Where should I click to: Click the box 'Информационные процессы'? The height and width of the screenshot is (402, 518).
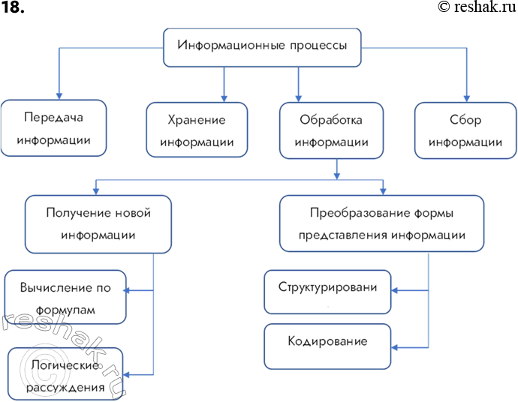(x=262, y=47)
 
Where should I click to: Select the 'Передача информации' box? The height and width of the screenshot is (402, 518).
(x=53, y=129)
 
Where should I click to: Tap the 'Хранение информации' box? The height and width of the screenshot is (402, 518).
(x=197, y=130)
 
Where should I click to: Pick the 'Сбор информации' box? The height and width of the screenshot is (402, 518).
(x=466, y=130)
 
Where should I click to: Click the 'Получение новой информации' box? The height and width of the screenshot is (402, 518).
(x=98, y=223)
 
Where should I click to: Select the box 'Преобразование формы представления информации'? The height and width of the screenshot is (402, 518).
(x=381, y=223)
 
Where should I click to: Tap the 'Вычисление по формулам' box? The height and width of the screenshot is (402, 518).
(x=65, y=297)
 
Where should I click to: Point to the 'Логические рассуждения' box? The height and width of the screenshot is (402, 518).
(x=66, y=376)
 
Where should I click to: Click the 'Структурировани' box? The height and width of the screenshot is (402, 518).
(x=327, y=291)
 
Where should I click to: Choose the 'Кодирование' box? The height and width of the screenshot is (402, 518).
(x=327, y=346)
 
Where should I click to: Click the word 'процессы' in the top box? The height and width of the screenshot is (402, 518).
(x=318, y=46)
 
